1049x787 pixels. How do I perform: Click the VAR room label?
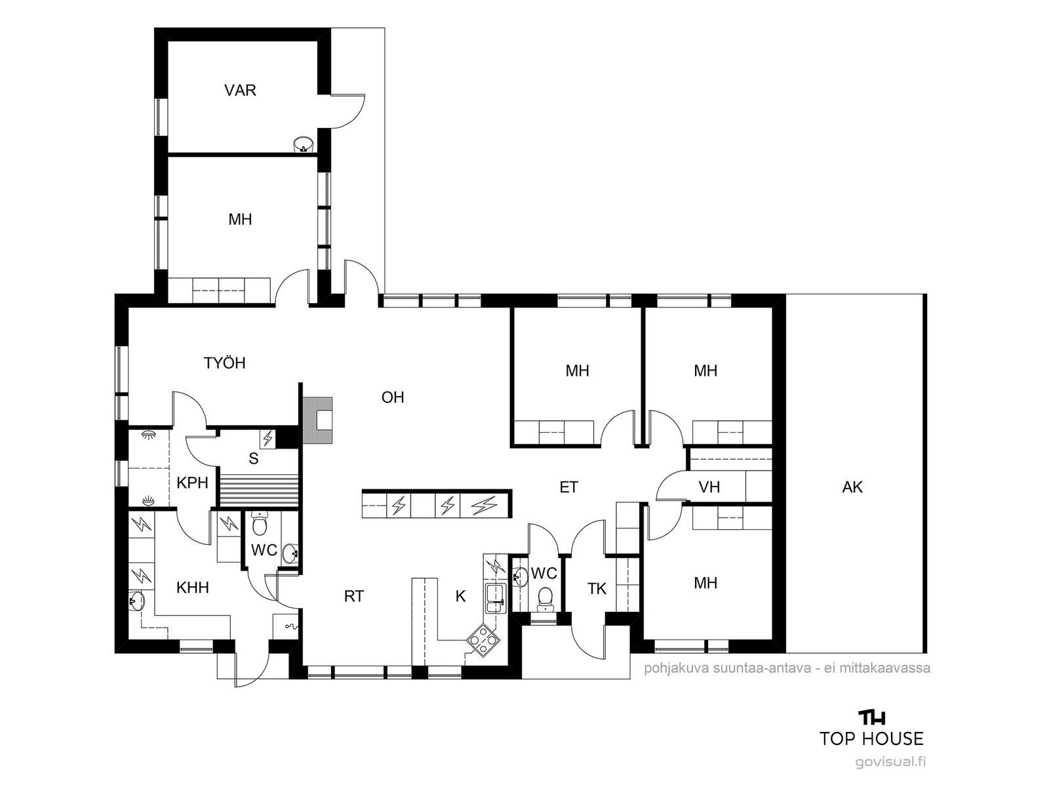pos(240,91)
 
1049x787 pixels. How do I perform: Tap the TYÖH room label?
pos(225,363)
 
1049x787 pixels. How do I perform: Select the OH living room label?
pos(393,397)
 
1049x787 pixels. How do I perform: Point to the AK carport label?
pos(852,487)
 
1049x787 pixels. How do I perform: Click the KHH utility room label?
pos(193,587)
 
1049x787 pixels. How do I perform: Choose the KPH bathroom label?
pos(192,483)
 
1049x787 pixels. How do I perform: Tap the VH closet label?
pos(709,487)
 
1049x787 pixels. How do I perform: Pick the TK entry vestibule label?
pos(597,589)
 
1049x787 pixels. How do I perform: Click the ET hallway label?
pos(568,487)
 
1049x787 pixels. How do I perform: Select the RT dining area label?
pos(353,596)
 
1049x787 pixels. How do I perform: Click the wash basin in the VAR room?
pos(303,144)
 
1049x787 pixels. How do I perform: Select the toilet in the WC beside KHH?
pos(260,524)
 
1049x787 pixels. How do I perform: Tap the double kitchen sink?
pos(495,598)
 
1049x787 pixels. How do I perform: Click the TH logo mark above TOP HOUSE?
pos(872,717)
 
